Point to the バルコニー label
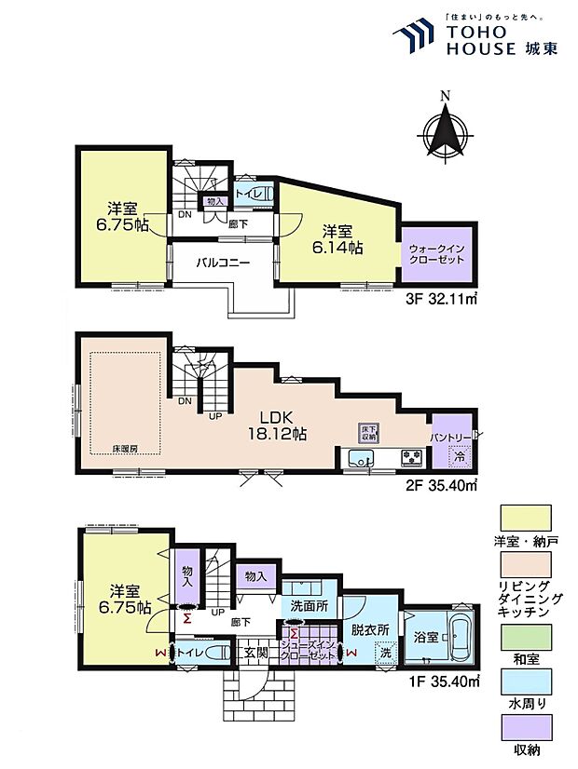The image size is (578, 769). pos(222,263)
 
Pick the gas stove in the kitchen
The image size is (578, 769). pos(409,457)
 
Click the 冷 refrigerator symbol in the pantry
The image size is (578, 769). pos(458,457)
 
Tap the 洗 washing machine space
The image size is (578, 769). pos(385,654)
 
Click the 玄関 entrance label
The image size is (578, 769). pos(255,653)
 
